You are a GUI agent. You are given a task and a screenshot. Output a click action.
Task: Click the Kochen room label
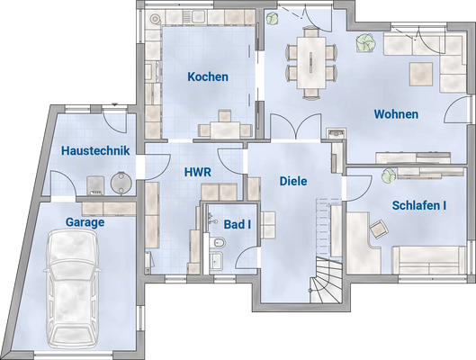(208, 77)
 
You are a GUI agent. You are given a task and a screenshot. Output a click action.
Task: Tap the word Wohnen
(396, 114)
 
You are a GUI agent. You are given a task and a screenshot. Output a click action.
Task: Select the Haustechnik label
(96, 151)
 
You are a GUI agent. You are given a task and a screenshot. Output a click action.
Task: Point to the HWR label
(198, 171)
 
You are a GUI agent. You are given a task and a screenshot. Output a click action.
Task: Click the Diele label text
(293, 181)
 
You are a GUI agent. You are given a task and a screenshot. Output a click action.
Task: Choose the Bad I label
(238, 223)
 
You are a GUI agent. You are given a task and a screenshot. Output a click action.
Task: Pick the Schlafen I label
(419, 205)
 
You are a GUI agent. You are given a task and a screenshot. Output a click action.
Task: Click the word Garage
(85, 222)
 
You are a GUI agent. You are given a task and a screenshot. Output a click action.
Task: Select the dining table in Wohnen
(312, 61)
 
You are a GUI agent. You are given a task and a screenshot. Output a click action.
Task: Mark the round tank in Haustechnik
(119, 183)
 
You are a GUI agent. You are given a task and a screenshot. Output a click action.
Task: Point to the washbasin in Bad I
(217, 261)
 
